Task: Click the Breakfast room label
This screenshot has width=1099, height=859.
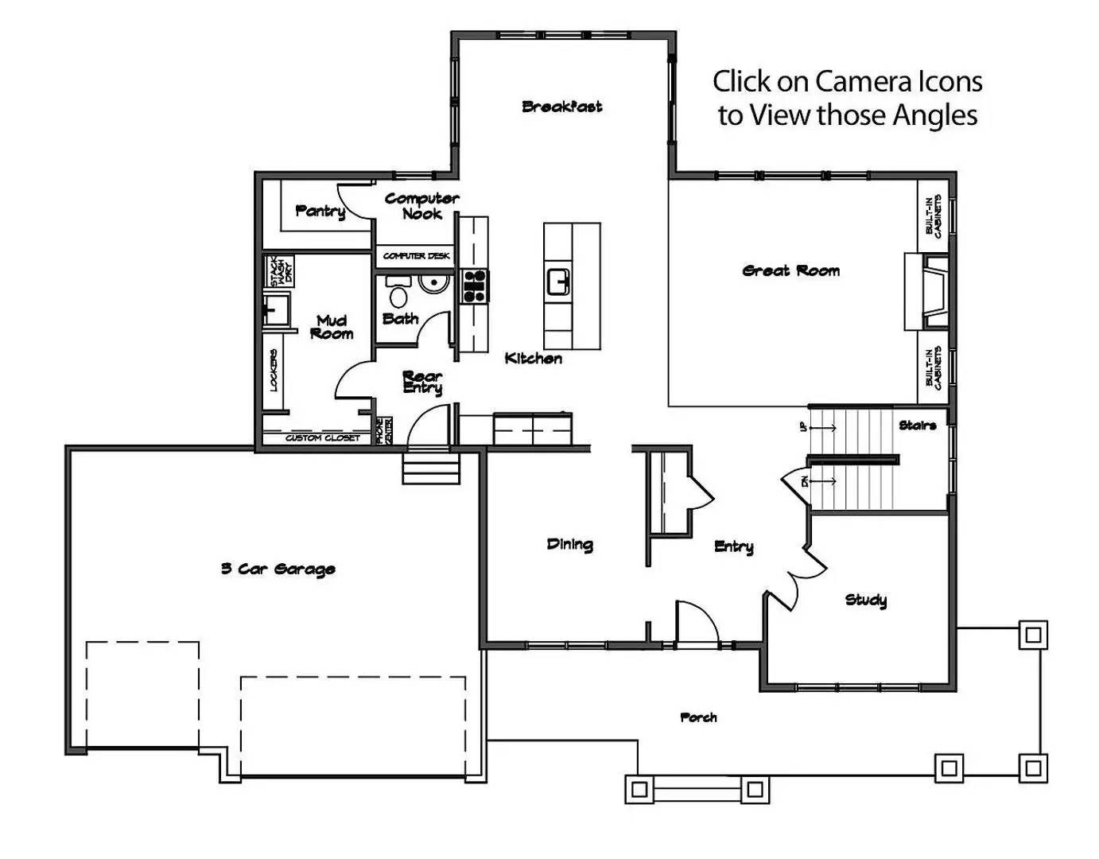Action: click(x=561, y=107)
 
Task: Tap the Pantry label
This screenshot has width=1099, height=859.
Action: click(x=320, y=211)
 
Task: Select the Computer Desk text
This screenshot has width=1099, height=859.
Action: click(x=416, y=256)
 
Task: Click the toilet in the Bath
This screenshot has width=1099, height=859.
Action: click(x=398, y=294)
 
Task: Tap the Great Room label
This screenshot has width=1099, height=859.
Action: click(x=790, y=271)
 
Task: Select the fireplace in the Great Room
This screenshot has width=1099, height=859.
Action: click(x=927, y=291)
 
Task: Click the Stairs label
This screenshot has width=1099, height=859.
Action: click(x=917, y=426)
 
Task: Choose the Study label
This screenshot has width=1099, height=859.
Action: click(x=865, y=600)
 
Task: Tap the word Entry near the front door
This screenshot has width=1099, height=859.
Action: click(x=733, y=546)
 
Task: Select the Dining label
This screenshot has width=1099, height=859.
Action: click(x=569, y=545)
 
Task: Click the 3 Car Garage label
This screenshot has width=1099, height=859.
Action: click(x=278, y=569)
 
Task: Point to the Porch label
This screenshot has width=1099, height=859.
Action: click(x=698, y=717)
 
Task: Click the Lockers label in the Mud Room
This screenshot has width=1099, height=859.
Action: click(x=274, y=370)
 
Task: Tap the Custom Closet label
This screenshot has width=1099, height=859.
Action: click(x=322, y=438)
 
